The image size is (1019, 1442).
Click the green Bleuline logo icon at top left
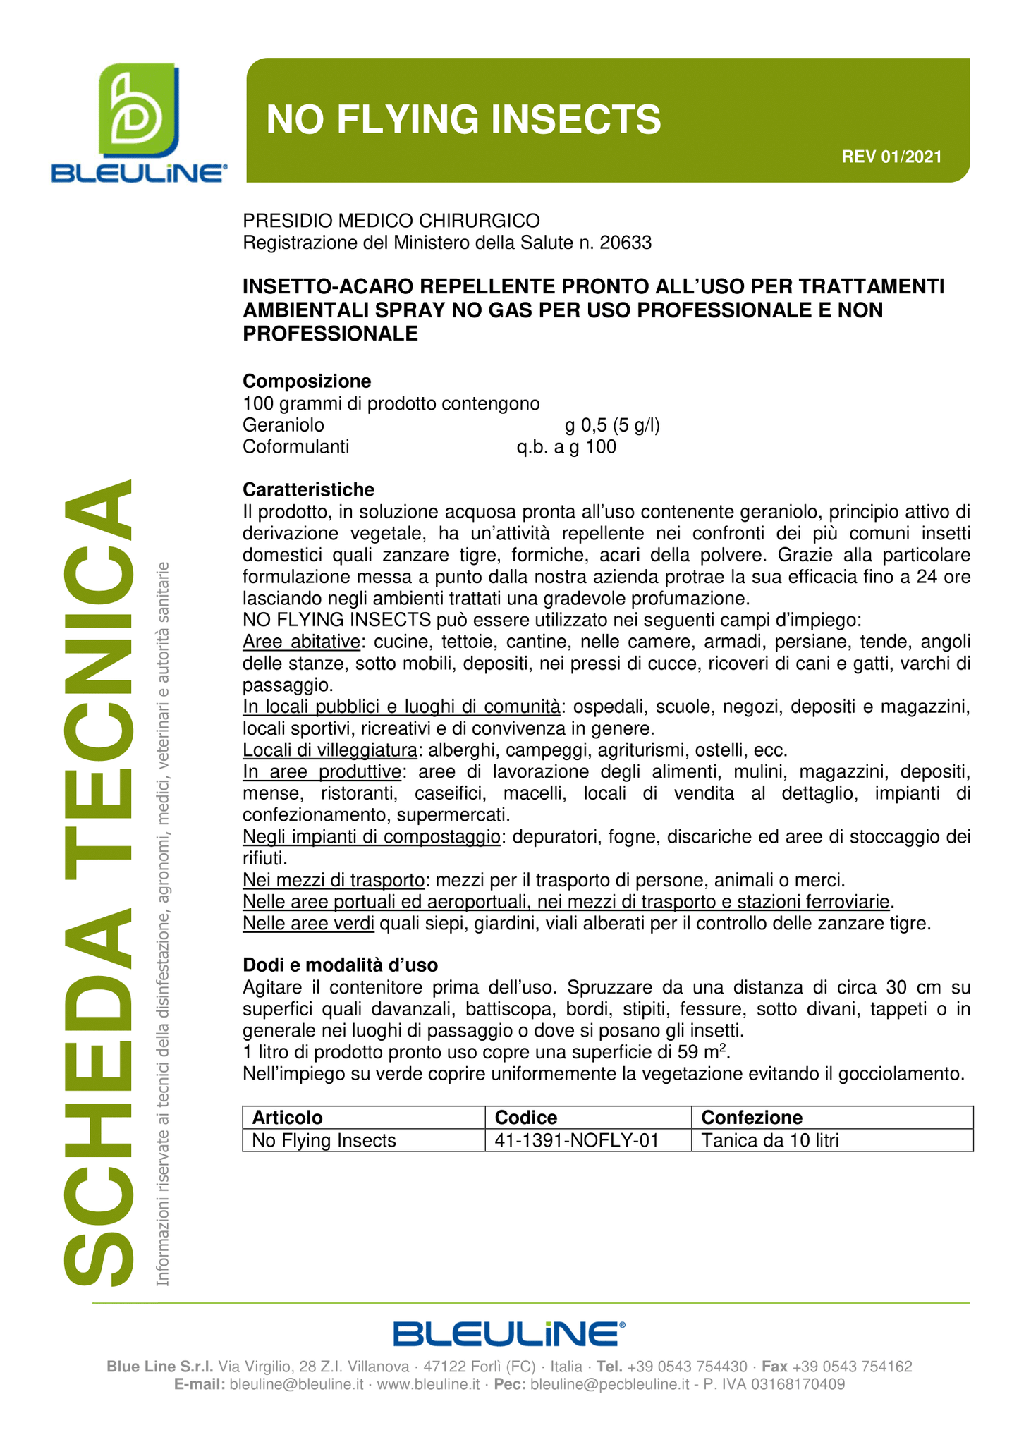pyautogui.click(x=138, y=111)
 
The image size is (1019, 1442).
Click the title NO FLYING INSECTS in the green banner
pyautogui.click(x=463, y=118)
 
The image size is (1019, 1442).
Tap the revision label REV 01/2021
pyautogui.click(x=891, y=157)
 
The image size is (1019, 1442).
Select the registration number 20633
pyautogui.click(x=626, y=243)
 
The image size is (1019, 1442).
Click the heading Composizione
pyautogui.click(x=307, y=381)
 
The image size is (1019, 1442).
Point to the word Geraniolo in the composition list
pyautogui.click(x=283, y=425)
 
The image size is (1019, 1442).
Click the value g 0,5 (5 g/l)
pyautogui.click(x=612, y=425)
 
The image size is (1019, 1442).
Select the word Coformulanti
pyautogui.click(x=296, y=447)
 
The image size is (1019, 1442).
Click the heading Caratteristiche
pyautogui.click(x=309, y=489)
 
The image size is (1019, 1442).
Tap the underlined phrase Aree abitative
pyautogui.click(x=301, y=642)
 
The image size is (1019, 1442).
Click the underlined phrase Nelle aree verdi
pyautogui.click(x=308, y=923)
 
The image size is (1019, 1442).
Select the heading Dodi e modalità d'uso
pyautogui.click(x=340, y=965)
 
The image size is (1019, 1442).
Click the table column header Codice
pyautogui.click(x=526, y=1118)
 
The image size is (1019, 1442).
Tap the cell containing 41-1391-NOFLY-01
pyautogui.click(x=577, y=1140)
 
